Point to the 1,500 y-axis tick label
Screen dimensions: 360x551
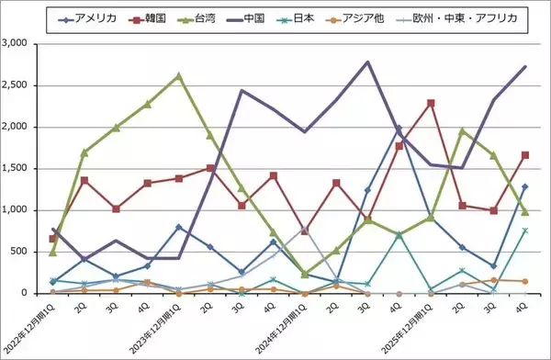click(21, 169)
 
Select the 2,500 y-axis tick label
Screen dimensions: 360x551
click(21, 85)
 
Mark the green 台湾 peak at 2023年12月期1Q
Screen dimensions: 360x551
click(178, 75)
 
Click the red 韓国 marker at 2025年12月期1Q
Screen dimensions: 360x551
click(430, 103)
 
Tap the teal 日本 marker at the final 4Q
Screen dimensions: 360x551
click(524, 231)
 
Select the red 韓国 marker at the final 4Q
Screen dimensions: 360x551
click(524, 155)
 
